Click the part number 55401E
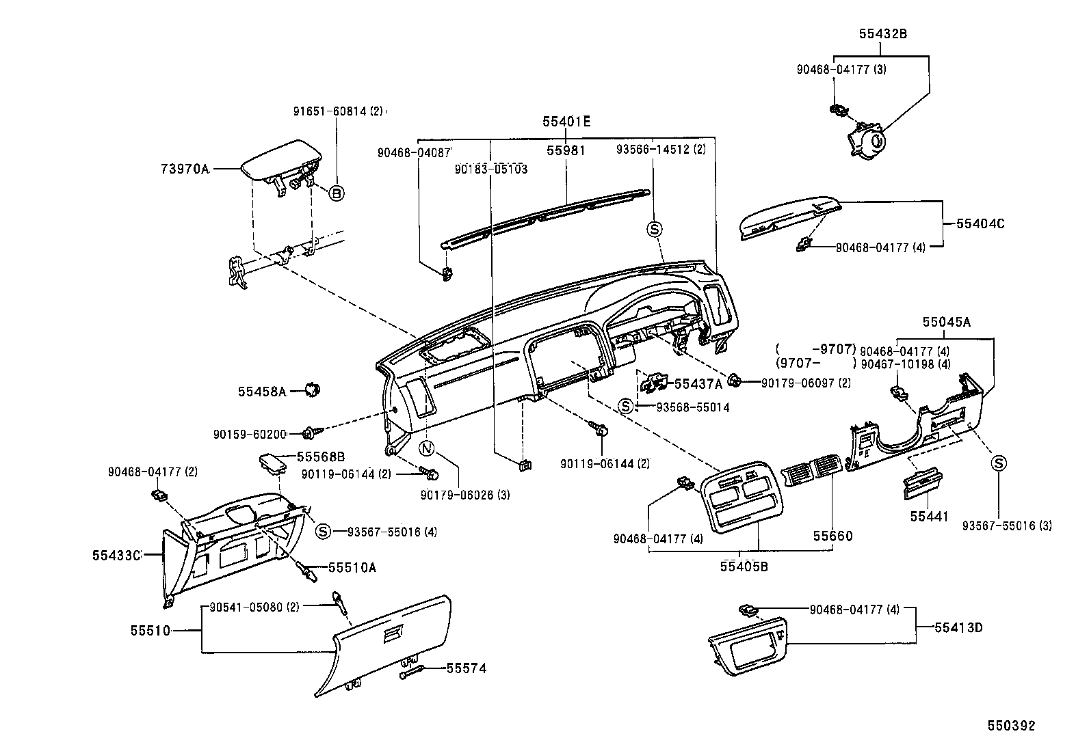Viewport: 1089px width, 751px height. tap(566, 122)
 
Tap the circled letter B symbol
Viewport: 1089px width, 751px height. tap(336, 193)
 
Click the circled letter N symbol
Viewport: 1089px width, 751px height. tap(426, 449)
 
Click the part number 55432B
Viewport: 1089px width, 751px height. tap(883, 33)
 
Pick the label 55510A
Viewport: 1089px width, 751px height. tap(352, 567)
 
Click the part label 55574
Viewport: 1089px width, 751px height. tap(467, 668)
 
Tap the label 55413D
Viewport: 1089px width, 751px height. tap(958, 627)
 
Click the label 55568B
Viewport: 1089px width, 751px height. tap(320, 456)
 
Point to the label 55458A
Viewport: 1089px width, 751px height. tap(261, 392)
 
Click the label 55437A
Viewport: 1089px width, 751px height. tap(698, 384)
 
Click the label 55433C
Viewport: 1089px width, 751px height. tap(116, 556)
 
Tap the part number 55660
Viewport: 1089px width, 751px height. tap(832, 536)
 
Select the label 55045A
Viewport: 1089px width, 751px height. tap(946, 321)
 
